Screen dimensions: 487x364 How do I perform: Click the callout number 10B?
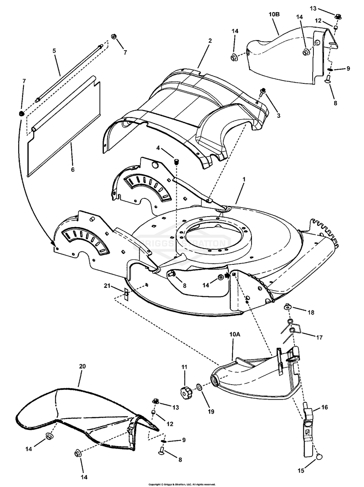click(x=275, y=15)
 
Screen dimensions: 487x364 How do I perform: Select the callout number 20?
click(x=82, y=366)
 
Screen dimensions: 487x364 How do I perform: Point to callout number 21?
click(x=107, y=286)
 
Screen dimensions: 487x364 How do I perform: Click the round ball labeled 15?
click(x=319, y=456)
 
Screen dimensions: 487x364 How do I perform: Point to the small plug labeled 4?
click(x=176, y=162)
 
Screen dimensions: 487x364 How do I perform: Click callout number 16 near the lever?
click(x=324, y=407)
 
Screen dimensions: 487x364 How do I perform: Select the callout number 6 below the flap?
click(x=72, y=170)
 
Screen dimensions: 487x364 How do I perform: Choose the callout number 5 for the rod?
click(x=54, y=51)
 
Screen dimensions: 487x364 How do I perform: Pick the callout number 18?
click(x=311, y=313)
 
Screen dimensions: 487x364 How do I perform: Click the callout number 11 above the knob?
click(x=184, y=367)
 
